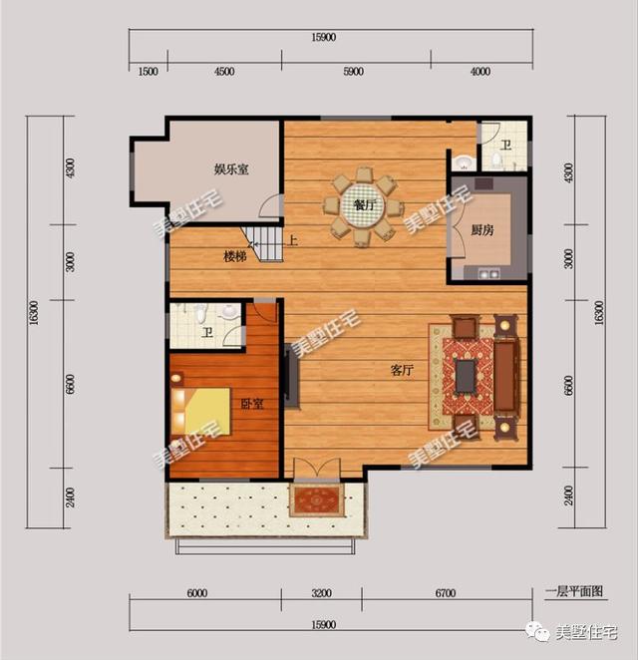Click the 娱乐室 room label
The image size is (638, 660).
click(x=231, y=169)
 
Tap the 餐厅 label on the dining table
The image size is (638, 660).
click(x=364, y=205)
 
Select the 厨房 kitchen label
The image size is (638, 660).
click(x=481, y=230)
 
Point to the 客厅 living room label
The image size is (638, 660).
click(x=402, y=371)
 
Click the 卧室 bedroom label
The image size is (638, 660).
click(x=252, y=404)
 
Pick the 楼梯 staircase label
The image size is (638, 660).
click(x=235, y=256)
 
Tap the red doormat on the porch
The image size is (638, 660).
click(x=316, y=500)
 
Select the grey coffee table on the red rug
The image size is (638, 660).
click(x=466, y=376)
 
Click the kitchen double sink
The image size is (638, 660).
click(x=488, y=274)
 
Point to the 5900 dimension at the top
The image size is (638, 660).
click(x=353, y=72)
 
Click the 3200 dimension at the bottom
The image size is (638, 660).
click(x=321, y=593)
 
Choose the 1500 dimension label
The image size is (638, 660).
click(x=149, y=72)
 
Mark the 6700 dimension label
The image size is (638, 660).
click(x=446, y=593)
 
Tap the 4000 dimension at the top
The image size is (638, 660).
click(x=480, y=72)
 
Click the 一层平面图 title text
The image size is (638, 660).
click(x=574, y=591)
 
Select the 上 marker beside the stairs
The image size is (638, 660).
click(x=292, y=240)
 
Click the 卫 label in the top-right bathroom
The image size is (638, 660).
click(x=505, y=146)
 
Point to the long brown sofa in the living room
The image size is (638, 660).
click(x=506, y=377)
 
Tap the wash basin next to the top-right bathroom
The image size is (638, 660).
click(x=465, y=163)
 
